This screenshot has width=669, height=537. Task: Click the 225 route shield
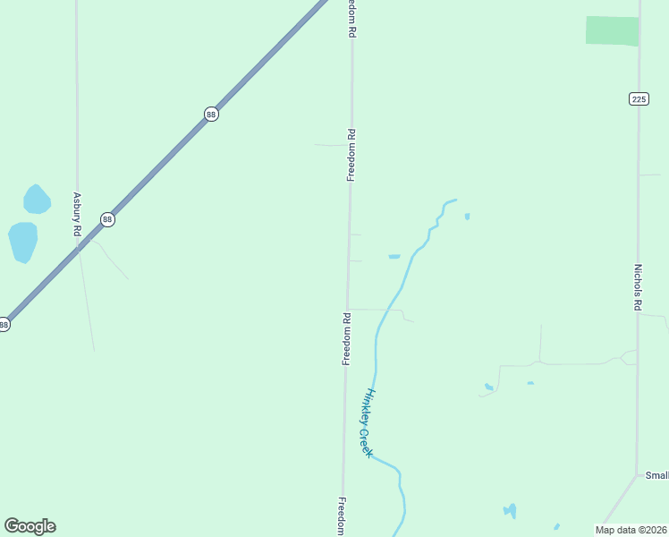(638, 98)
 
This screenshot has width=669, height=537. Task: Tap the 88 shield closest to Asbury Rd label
(107, 219)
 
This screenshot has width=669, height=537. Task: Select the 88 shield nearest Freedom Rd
(211, 114)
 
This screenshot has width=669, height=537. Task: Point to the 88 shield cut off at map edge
(4, 325)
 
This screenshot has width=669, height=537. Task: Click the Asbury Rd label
(78, 214)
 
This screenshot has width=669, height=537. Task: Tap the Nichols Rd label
(638, 286)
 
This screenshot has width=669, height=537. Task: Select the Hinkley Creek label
(368, 423)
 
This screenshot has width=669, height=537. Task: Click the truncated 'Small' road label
(656, 476)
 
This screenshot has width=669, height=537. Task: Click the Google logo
(30, 526)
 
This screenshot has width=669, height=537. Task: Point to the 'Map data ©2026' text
(631, 530)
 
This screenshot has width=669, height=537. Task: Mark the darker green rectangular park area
(613, 30)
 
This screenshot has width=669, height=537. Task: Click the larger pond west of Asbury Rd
(23, 242)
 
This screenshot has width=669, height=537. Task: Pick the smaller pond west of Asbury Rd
(37, 200)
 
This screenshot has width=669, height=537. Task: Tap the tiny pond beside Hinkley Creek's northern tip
(467, 216)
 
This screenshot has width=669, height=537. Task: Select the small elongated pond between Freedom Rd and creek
(394, 257)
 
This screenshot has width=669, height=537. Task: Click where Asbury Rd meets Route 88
(77, 248)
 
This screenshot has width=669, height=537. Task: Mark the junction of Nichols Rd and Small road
(636, 474)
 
